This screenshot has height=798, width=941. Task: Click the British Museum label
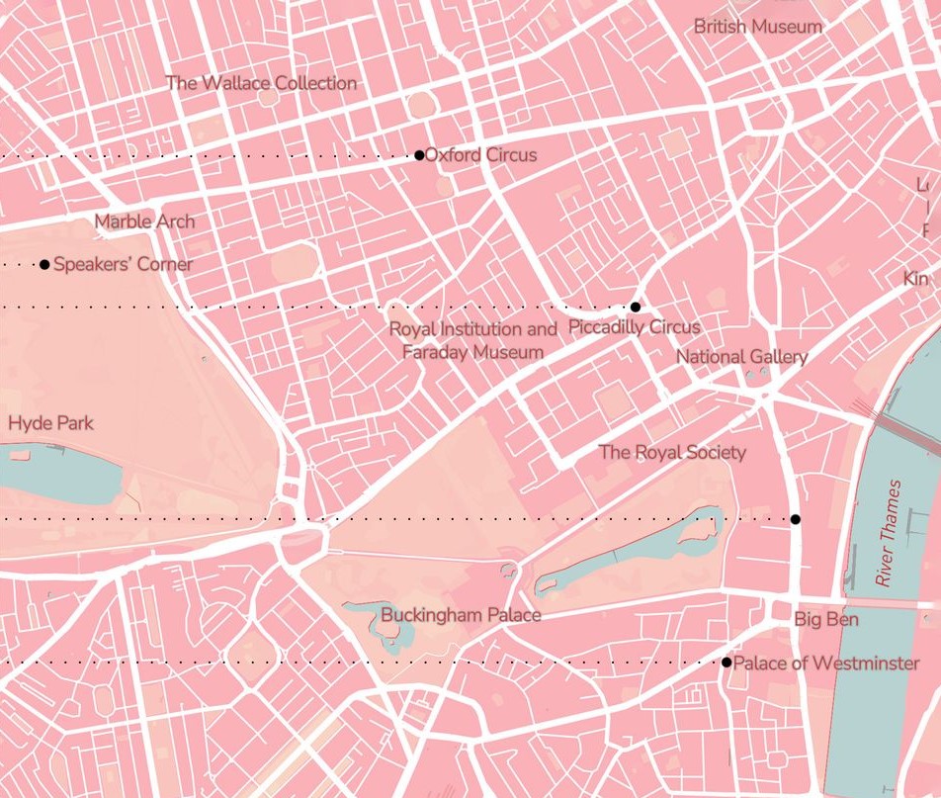757,27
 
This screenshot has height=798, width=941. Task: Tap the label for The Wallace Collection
261,83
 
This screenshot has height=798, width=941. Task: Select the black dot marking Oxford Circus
419,155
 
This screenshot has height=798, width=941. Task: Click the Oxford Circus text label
480,155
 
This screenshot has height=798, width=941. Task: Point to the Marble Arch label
144,222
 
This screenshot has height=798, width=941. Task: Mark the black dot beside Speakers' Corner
44,265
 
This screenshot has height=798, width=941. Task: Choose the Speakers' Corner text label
123,265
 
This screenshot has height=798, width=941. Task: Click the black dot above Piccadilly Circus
636,308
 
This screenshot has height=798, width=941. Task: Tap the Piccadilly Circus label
635,327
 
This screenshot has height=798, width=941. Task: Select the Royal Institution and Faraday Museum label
472,340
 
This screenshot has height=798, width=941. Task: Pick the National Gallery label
741,357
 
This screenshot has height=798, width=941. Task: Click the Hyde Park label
50,423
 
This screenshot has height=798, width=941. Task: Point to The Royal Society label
672,452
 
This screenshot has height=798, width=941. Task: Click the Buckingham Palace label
461,615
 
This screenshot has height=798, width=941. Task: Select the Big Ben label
826,620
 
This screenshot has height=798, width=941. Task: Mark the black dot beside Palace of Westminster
727,663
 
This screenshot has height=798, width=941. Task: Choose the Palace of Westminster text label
826,664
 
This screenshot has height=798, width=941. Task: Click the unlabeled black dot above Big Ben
795,519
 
